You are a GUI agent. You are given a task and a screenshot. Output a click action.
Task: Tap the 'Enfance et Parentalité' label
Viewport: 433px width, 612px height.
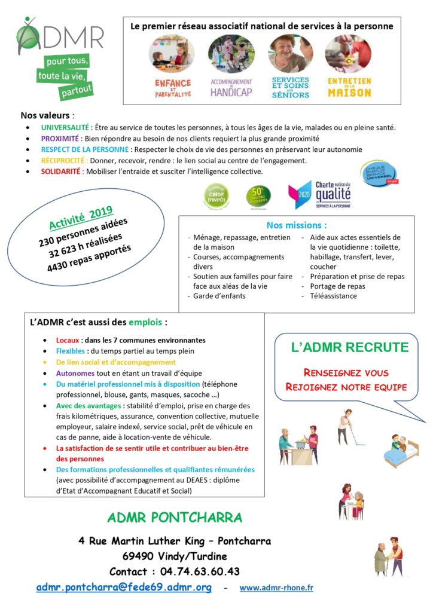(173, 87)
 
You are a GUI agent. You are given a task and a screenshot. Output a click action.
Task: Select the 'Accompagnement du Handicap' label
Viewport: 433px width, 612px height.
(231, 87)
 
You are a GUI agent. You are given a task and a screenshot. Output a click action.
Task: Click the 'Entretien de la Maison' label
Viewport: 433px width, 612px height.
(349, 87)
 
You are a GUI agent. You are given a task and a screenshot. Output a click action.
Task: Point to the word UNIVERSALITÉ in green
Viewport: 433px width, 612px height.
(65, 127)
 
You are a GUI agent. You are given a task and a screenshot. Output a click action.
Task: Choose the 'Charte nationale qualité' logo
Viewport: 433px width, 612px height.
(320, 195)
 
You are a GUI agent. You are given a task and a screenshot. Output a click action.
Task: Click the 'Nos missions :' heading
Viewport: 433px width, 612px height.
(297, 226)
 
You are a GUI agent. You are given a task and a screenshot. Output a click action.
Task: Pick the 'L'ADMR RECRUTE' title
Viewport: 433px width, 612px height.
(349, 348)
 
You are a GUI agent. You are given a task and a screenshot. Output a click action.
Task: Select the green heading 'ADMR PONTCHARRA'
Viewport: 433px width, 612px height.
(175, 518)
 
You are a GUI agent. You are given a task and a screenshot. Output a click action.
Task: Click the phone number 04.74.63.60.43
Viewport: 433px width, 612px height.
(200, 571)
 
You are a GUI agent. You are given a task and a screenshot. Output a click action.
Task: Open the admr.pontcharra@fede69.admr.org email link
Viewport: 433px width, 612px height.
(124, 587)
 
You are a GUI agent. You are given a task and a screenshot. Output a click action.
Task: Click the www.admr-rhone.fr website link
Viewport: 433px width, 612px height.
(276, 588)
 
